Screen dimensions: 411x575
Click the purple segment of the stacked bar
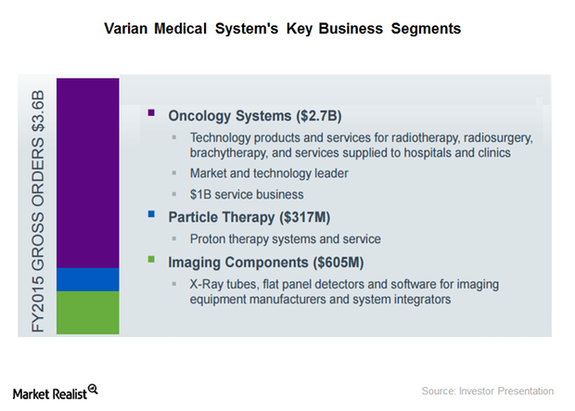(88, 173)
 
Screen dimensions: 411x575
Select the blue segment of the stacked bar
(88, 279)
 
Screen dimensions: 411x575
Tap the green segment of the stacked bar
(88, 312)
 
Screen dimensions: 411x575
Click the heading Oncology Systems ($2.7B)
(255, 117)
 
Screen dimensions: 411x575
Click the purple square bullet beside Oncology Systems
(151, 112)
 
